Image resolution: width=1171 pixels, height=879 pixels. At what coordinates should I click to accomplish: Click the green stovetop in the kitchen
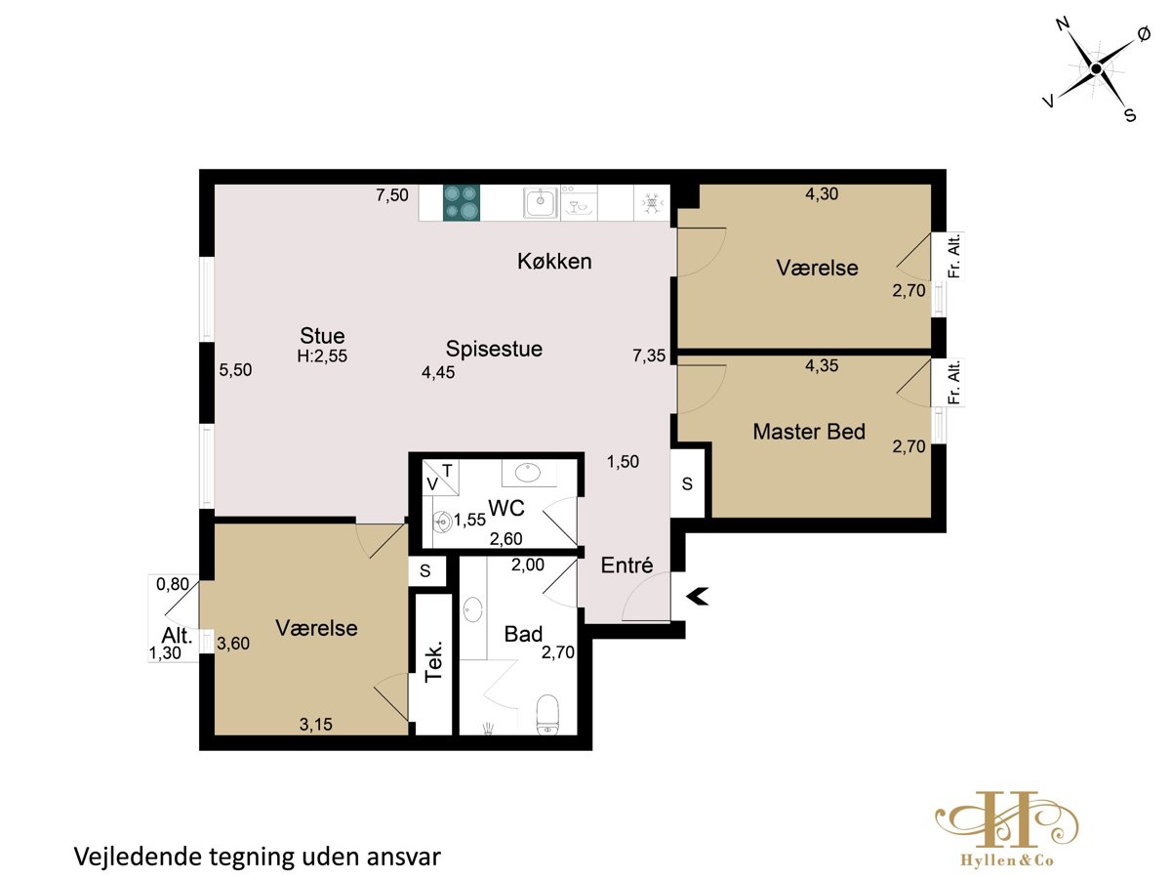(x=461, y=202)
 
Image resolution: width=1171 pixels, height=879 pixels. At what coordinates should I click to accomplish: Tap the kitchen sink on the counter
(x=541, y=203)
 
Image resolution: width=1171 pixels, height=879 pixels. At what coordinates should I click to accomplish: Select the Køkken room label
(x=554, y=261)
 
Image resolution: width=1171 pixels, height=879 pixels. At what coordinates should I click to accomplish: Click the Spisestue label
(x=494, y=349)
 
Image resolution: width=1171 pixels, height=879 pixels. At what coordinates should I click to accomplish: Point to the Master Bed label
(x=808, y=432)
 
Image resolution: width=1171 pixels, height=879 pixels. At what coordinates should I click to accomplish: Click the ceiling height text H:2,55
(x=322, y=356)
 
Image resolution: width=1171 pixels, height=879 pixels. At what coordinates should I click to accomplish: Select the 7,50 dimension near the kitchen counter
(x=392, y=194)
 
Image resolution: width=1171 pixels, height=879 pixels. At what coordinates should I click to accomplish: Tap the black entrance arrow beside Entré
(x=697, y=596)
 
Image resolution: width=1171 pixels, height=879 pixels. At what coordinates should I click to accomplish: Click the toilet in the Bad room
(x=546, y=714)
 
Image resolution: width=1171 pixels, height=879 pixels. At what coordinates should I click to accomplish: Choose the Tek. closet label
(x=433, y=662)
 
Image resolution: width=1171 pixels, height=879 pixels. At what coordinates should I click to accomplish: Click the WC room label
(x=505, y=508)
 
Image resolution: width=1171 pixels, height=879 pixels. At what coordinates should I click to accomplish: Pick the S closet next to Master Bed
(x=687, y=483)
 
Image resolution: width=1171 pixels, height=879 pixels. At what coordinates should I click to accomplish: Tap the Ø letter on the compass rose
(x=1144, y=34)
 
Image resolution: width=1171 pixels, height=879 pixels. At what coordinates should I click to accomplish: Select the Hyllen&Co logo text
(x=1007, y=860)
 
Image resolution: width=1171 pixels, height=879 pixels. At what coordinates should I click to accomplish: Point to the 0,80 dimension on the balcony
(x=173, y=584)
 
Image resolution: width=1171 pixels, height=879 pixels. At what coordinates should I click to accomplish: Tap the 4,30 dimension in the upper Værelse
(x=822, y=193)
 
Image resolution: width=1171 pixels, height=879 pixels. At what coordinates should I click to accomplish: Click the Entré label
(x=626, y=565)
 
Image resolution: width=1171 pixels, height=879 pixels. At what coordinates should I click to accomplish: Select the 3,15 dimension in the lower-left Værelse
(x=315, y=725)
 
